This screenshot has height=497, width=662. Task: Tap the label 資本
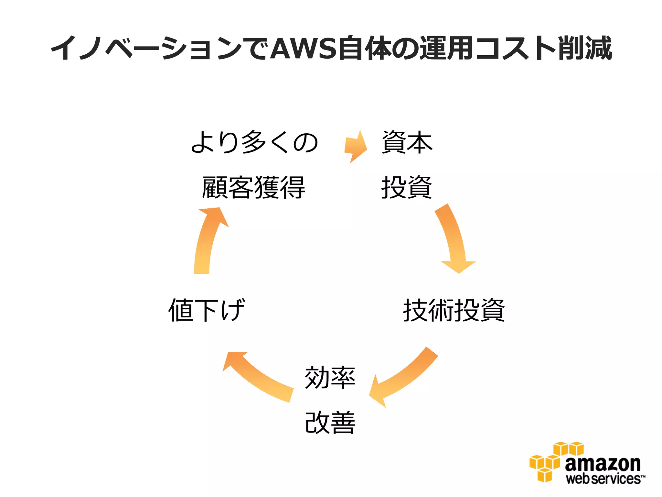[407, 142]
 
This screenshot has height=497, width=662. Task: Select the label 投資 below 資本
[407, 187]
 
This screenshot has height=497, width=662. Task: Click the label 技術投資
[454, 310]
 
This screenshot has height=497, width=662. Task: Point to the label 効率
[330, 378]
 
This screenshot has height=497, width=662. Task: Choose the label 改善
[330, 423]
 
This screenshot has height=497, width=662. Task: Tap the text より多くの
[254, 142]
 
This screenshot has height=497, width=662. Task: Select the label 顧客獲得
[254, 187]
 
